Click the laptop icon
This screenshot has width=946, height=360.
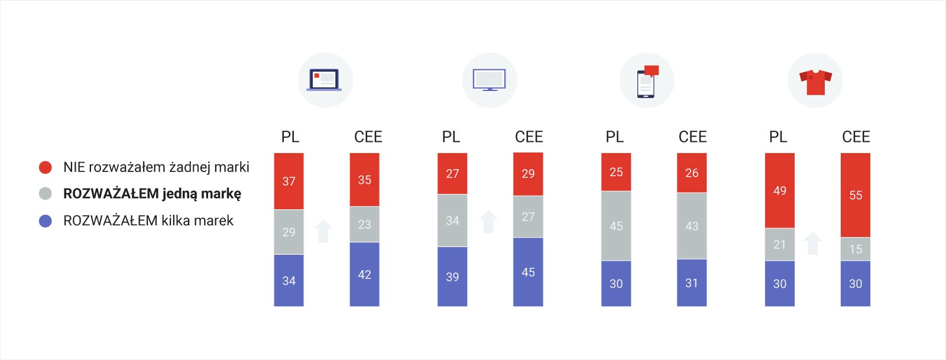point(325,80)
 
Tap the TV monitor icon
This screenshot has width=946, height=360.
point(489,80)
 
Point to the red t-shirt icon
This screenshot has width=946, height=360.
point(815,81)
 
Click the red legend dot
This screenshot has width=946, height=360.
point(46,167)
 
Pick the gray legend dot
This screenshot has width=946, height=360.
point(46,194)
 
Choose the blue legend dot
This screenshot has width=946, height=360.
point(46,221)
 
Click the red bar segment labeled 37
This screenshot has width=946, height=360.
point(289,181)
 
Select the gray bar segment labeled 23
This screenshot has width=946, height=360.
point(364,224)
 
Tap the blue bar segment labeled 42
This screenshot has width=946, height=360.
point(364,274)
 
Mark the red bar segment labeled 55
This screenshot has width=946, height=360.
point(855,195)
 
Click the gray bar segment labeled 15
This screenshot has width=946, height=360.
point(855,249)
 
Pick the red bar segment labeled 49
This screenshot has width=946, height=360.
point(779,190)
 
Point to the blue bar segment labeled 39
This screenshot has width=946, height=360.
point(452,277)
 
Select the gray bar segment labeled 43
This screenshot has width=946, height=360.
point(692,226)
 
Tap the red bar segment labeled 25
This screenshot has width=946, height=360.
point(616,172)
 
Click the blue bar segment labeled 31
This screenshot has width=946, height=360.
point(692,283)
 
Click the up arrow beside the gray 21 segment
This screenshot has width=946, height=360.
point(813,243)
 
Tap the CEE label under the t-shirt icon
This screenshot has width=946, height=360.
point(856,137)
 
